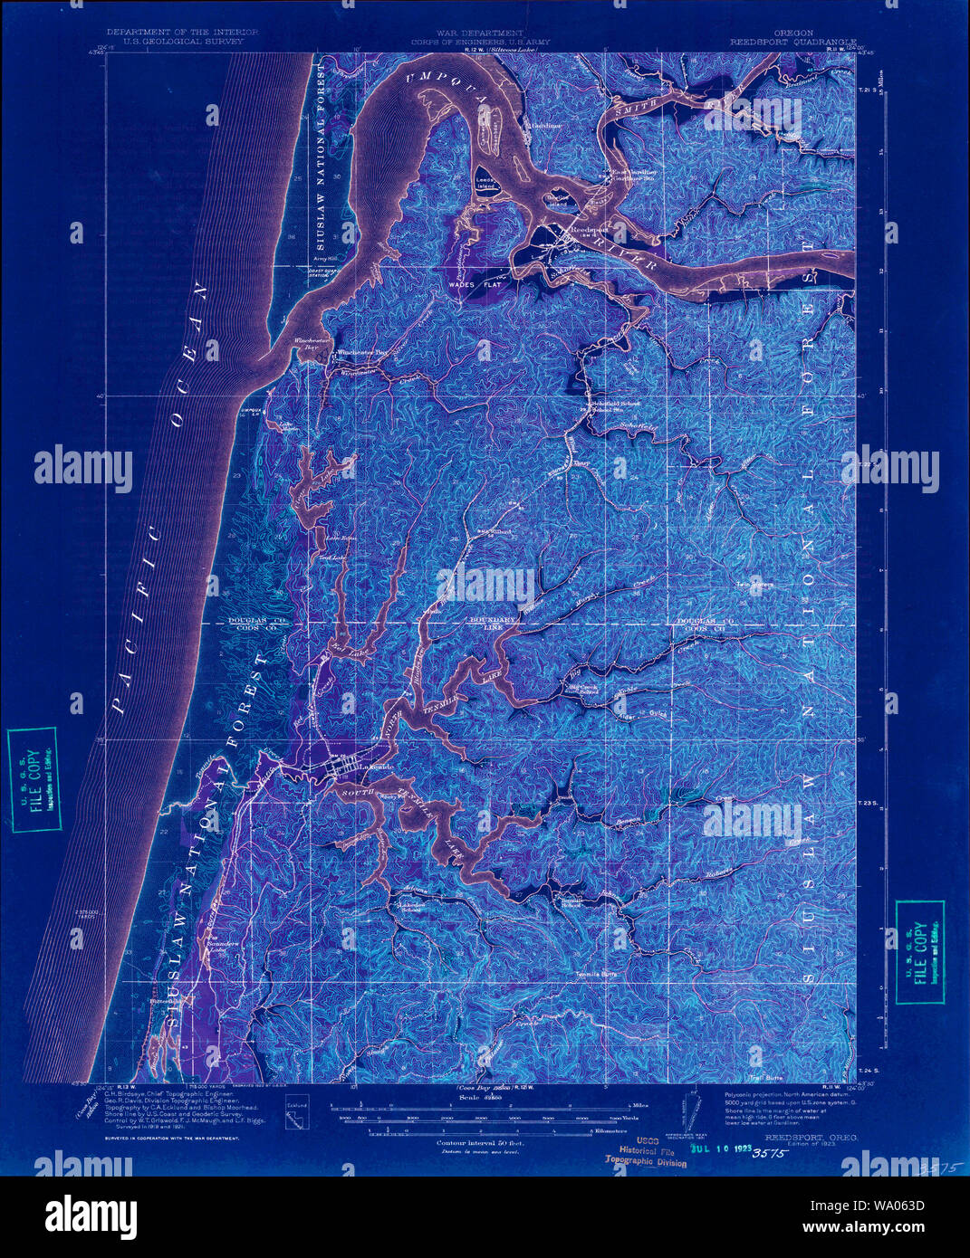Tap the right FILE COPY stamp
coord(919,952)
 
